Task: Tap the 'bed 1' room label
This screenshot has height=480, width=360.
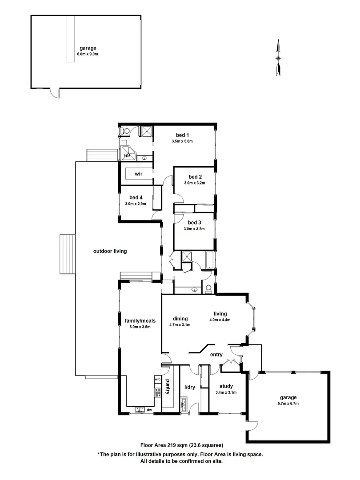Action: click(x=182, y=135)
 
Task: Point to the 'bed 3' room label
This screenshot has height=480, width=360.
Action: click(x=195, y=223)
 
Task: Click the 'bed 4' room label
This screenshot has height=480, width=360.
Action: click(x=136, y=198)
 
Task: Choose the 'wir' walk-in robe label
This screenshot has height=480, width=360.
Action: click(x=138, y=173)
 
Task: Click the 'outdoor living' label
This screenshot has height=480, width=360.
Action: click(x=110, y=251)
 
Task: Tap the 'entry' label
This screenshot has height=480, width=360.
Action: click(x=216, y=354)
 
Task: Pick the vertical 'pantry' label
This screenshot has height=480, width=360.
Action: click(x=168, y=387)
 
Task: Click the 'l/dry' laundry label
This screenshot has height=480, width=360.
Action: click(x=190, y=387)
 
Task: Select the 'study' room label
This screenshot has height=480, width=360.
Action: click(x=225, y=387)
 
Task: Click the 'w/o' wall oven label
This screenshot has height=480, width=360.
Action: click(x=157, y=380)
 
